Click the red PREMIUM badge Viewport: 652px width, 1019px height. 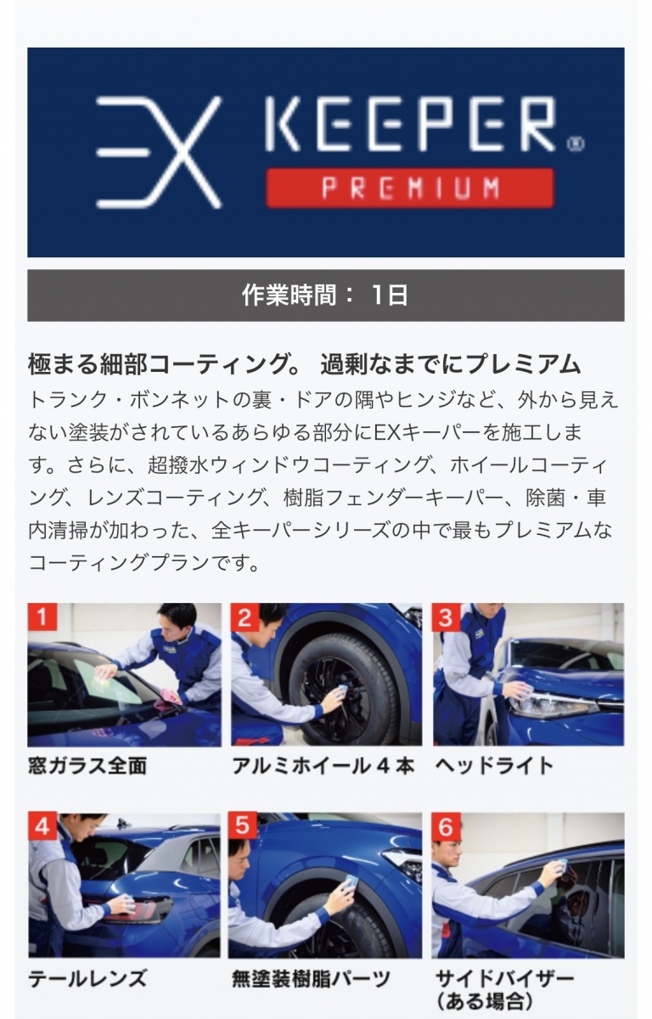tap(410, 188)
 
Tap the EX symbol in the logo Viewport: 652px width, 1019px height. tap(159, 153)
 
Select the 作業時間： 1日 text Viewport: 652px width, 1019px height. tap(324, 296)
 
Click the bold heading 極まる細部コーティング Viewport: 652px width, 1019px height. tap(165, 364)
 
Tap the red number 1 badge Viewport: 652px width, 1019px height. tap(42, 617)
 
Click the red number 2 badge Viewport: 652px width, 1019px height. tap(244, 617)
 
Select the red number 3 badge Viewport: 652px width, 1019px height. tap(446, 617)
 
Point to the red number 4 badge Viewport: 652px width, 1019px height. tap(42, 825)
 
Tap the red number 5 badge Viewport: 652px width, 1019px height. tap(243, 825)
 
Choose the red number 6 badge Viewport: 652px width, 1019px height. tap(446, 825)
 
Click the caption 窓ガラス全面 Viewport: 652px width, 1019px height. tap(87, 766)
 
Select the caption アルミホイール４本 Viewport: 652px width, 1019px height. tap(323, 766)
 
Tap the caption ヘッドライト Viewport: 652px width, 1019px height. tap(494, 766)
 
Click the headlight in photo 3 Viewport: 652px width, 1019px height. tap(553, 705)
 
